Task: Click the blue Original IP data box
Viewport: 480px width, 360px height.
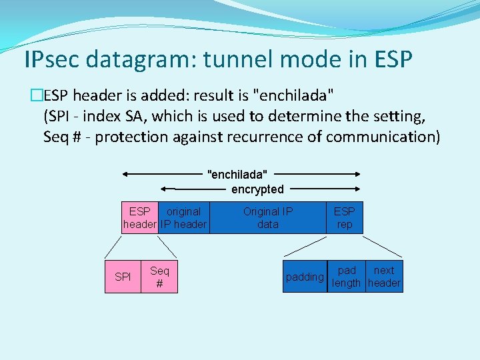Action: (268, 218)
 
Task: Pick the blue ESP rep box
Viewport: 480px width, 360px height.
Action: (344, 218)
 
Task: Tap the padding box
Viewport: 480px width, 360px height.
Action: (305, 276)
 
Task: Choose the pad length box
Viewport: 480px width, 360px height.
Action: (347, 276)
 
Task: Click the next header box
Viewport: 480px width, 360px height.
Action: (384, 276)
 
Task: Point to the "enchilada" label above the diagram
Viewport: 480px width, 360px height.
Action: (237, 175)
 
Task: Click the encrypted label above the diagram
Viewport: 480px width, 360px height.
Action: (257, 189)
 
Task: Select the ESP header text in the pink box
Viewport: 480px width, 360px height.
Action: (140, 218)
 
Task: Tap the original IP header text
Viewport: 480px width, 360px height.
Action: (184, 218)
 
